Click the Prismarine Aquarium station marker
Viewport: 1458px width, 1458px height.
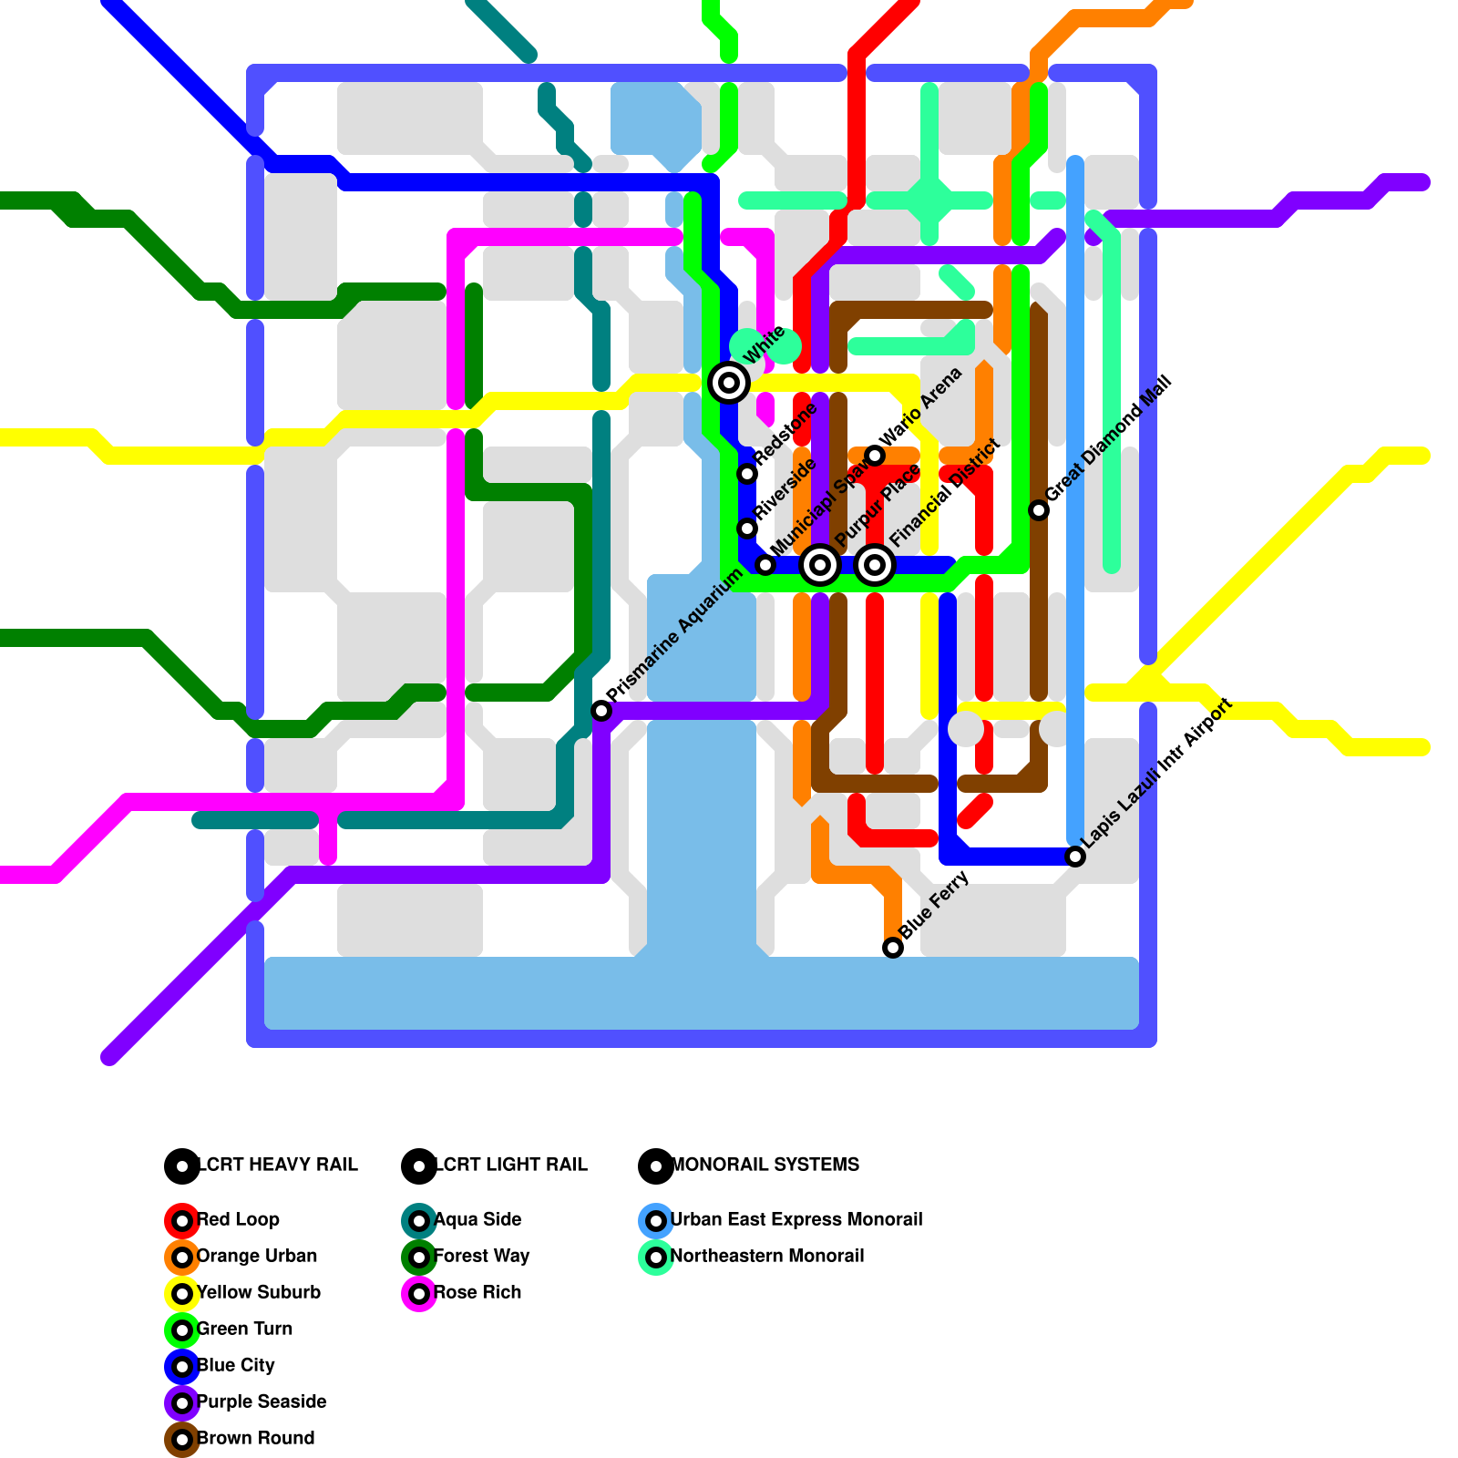coord(601,711)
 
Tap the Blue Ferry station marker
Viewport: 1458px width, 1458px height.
coord(893,948)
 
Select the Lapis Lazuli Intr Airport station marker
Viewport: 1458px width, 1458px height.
coord(1075,857)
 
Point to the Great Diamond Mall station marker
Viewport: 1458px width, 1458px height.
coord(1039,510)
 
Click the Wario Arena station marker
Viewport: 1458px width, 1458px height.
coord(875,456)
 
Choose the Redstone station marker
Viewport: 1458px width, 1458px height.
coord(747,474)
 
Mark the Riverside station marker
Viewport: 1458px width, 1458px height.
coord(747,529)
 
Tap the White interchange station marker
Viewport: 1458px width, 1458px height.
coord(729,383)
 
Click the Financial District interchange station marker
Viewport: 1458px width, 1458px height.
coord(875,565)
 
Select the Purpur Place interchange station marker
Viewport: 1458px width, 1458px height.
coord(820,565)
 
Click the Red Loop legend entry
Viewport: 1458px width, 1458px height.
coord(238,1219)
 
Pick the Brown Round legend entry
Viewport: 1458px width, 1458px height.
coord(255,1438)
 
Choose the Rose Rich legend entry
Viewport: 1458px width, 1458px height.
coord(477,1292)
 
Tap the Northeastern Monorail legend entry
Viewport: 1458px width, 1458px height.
coord(766,1256)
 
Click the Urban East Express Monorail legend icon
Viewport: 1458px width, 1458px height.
coord(656,1220)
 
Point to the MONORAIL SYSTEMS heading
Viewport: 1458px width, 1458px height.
coord(765,1165)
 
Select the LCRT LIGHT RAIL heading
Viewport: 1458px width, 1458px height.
coord(511,1165)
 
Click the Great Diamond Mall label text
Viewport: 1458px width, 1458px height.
coord(1109,439)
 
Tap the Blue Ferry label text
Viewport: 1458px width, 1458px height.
coord(934,906)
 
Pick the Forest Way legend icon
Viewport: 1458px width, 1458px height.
coord(419,1257)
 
